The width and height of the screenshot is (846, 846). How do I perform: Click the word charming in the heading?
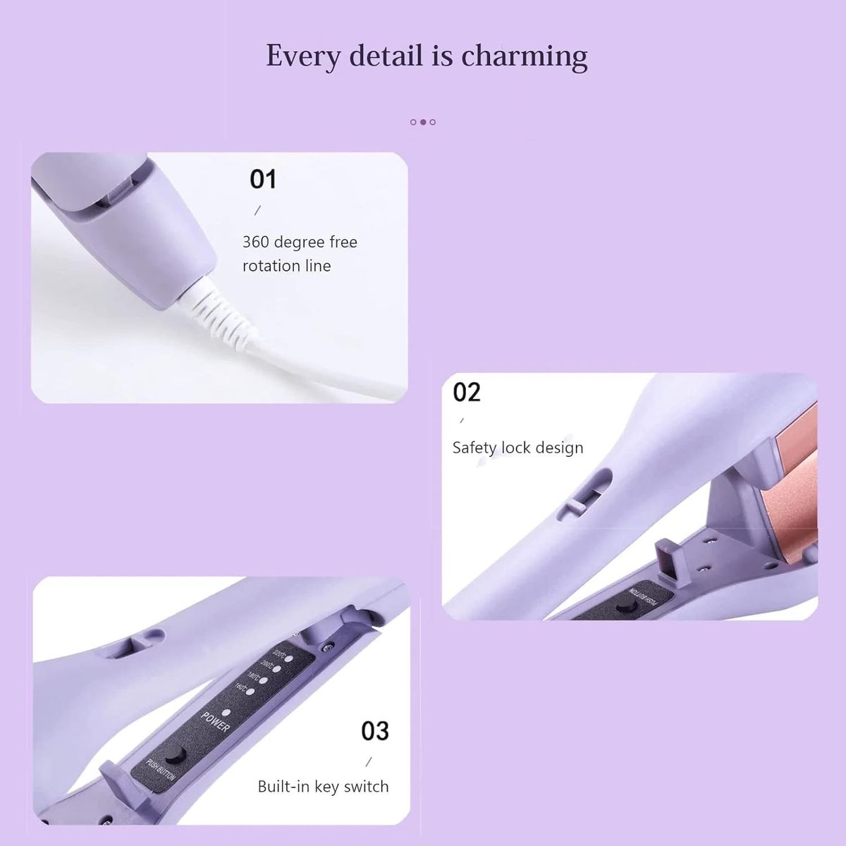click(525, 56)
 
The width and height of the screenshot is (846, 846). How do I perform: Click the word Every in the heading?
click(301, 56)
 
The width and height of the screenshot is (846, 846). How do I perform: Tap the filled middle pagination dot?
click(423, 122)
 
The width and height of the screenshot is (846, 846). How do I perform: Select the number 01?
click(263, 180)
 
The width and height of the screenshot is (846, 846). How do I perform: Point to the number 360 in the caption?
click(256, 242)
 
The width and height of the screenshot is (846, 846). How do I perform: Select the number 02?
click(467, 392)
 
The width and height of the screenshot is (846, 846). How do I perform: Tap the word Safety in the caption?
click(474, 448)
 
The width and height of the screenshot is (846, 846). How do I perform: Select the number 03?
click(375, 731)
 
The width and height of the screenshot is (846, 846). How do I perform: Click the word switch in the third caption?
click(367, 787)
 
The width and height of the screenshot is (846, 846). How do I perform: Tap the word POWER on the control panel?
click(215, 721)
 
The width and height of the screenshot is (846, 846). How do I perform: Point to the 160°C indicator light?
click(250, 691)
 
